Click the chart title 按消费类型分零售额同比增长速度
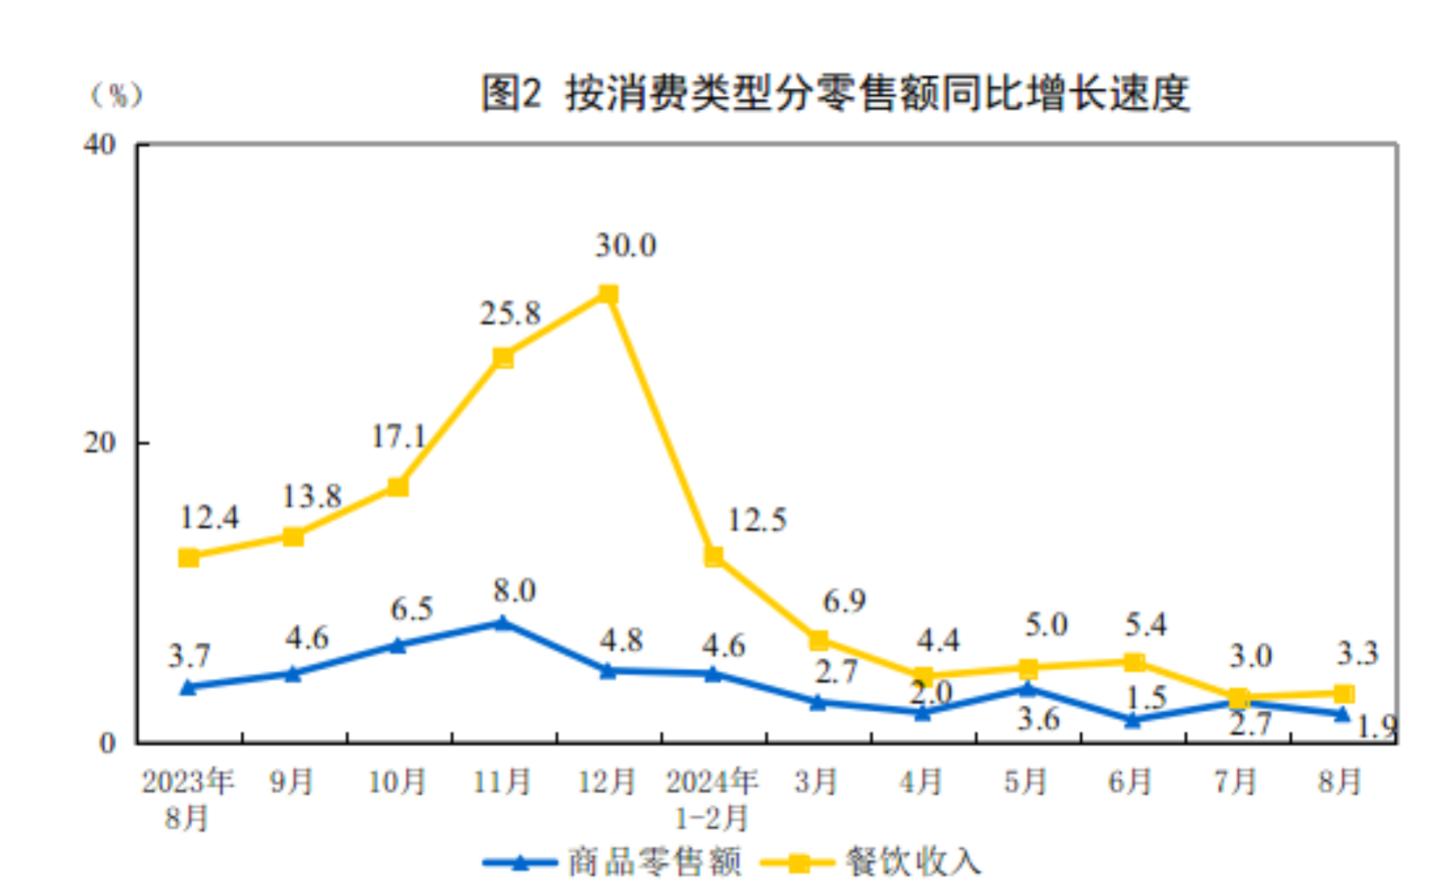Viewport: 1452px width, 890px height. click(x=836, y=92)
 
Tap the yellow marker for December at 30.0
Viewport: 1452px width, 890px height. click(x=609, y=294)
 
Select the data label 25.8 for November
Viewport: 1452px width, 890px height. click(x=510, y=313)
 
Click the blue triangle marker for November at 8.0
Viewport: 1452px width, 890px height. click(x=502, y=623)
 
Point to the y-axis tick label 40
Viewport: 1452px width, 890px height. click(x=100, y=145)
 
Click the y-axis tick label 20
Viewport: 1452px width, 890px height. click(x=100, y=443)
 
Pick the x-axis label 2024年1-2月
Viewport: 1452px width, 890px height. click(x=712, y=798)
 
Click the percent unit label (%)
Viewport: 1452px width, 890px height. click(x=117, y=94)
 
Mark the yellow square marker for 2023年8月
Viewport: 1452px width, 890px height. click(x=189, y=558)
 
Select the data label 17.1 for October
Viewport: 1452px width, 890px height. click(x=398, y=436)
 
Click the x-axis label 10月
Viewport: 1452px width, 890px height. click(x=397, y=782)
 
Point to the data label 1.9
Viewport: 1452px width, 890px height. click(x=1378, y=726)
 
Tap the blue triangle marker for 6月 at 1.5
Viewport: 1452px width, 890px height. click(x=1132, y=720)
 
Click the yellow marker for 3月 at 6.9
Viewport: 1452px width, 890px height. click(x=818, y=640)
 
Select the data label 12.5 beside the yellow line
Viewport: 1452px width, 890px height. click(x=757, y=521)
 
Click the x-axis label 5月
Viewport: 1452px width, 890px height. click(x=1025, y=782)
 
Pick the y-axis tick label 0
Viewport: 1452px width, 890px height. click(x=107, y=743)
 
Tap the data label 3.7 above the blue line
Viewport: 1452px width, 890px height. click(x=189, y=656)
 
